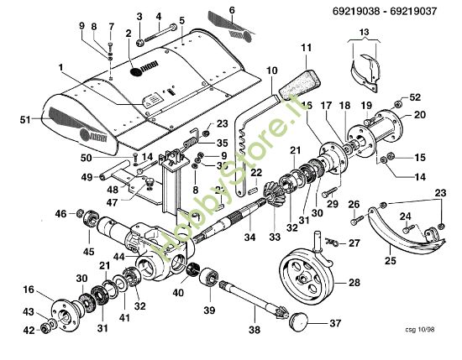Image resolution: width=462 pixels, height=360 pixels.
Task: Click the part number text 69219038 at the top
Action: click(349, 13)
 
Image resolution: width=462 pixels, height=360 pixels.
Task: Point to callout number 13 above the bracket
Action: click(363, 33)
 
